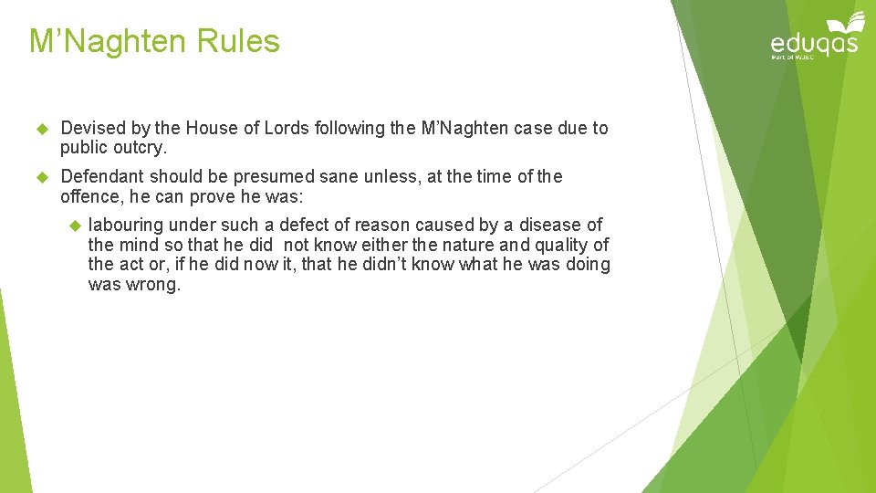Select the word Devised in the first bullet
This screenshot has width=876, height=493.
click(89, 129)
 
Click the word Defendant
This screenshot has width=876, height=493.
click(102, 176)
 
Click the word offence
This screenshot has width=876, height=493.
click(90, 195)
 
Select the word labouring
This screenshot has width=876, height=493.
click(126, 225)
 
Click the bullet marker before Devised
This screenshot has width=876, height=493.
click(40, 129)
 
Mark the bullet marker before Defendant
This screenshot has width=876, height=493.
click(40, 176)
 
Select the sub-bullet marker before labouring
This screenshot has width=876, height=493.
click(75, 225)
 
